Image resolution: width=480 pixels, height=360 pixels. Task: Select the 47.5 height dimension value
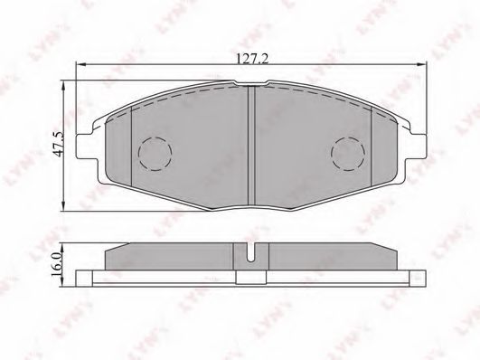57,144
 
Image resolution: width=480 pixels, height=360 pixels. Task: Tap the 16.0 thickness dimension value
56,265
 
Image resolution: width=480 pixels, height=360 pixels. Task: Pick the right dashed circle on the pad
348,155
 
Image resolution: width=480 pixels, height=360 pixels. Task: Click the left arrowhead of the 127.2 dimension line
80,67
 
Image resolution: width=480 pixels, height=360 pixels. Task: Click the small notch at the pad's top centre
250,85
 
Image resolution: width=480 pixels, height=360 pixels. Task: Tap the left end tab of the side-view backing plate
83,276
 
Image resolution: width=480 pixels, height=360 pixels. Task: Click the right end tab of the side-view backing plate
418,276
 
